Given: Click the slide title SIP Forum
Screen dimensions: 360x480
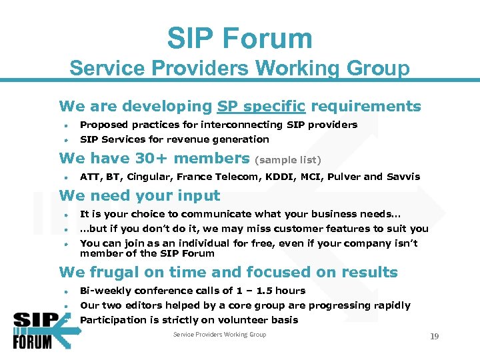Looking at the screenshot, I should pyautogui.click(x=239, y=39).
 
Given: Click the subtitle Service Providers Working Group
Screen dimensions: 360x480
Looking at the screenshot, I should pyautogui.click(x=239, y=68).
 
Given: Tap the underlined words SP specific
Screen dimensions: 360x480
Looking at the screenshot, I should pyautogui.click(x=261, y=107).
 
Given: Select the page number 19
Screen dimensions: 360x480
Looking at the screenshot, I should pyautogui.click(x=434, y=337).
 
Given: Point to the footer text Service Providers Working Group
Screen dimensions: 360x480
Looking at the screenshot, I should pyautogui.click(x=219, y=335).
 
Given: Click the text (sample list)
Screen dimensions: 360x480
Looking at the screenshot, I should pyautogui.click(x=289, y=160).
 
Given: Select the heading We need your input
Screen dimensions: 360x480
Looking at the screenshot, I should pyautogui.click(x=139, y=195).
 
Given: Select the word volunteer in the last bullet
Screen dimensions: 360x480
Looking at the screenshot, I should pyautogui.click(x=245, y=320).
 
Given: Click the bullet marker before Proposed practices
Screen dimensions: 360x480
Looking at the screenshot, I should pyautogui.click(x=67, y=125).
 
